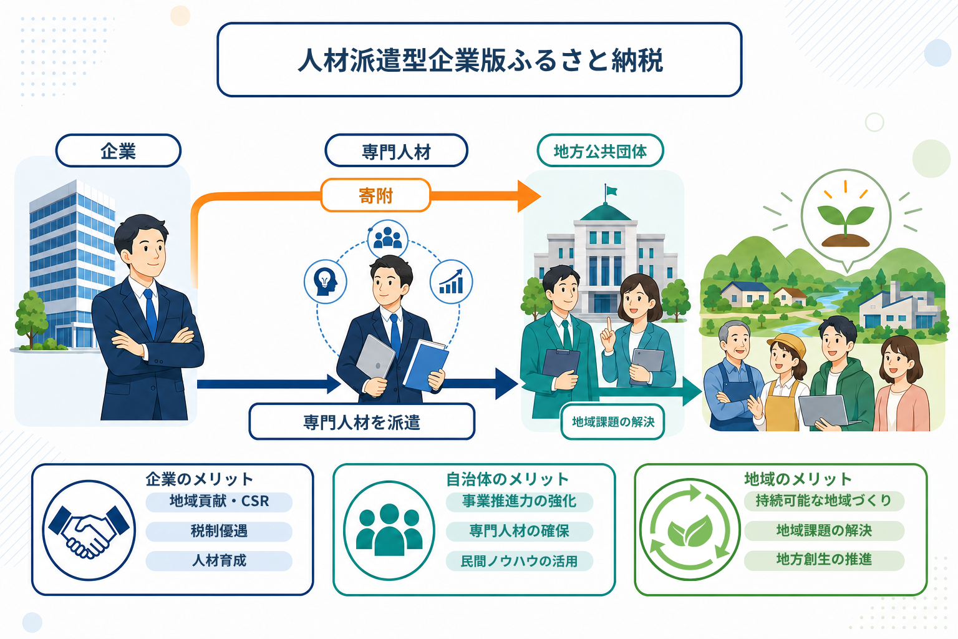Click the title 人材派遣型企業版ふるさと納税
pyautogui.click(x=480, y=59)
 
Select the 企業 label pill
pyautogui.click(x=119, y=150)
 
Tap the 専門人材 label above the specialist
pyautogui.click(x=397, y=150)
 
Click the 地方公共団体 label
pyautogui.click(x=600, y=150)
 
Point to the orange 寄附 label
pyautogui.click(x=375, y=195)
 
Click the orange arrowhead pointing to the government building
pyautogui.click(x=529, y=196)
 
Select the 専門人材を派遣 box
pyautogui.click(x=362, y=422)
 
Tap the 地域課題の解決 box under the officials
pyautogui.click(x=613, y=422)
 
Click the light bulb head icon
pyautogui.click(x=326, y=281)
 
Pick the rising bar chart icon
pyautogui.click(x=451, y=281)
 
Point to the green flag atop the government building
pyautogui.click(x=611, y=190)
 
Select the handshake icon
pyautogui.click(x=89, y=530)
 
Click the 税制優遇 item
pyautogui.click(x=219, y=531)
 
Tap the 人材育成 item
pyautogui.click(x=219, y=560)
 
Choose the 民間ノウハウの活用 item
pyautogui.click(x=519, y=561)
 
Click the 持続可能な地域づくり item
pyautogui.click(x=824, y=500)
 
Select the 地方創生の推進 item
pyautogui.click(x=824, y=560)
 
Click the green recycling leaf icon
pyautogui.click(x=690, y=529)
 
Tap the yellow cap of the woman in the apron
pyautogui.click(x=787, y=344)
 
